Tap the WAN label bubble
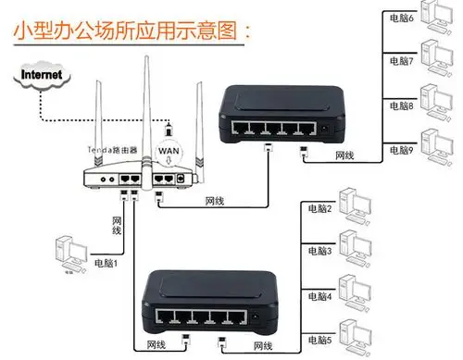[x=169, y=149]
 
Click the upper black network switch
[x=278, y=111]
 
